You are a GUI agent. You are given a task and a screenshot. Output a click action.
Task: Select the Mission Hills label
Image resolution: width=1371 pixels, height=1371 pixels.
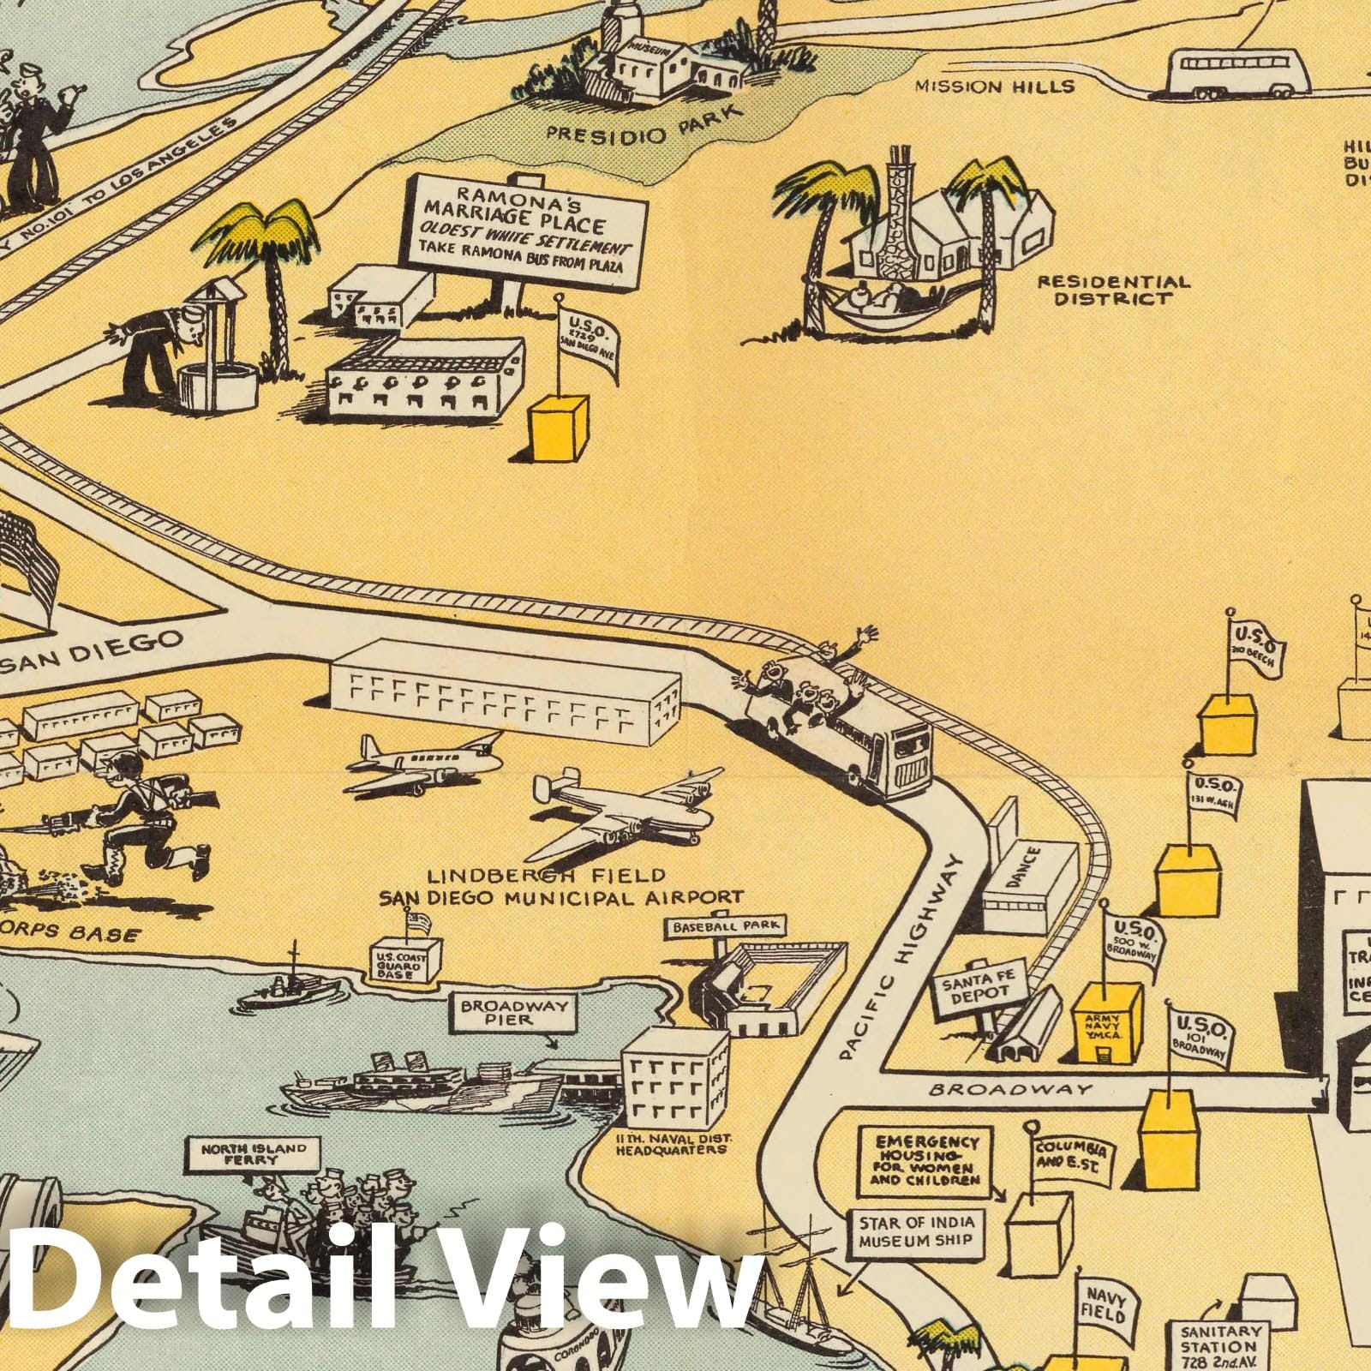click(994, 87)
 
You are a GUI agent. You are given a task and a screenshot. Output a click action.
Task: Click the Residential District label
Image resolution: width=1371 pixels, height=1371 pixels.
click(1113, 290)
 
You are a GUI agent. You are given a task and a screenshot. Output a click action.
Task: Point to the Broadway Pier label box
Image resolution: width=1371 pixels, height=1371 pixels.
click(514, 1013)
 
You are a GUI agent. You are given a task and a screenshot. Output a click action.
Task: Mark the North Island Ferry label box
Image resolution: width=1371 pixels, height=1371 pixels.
click(242, 1153)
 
